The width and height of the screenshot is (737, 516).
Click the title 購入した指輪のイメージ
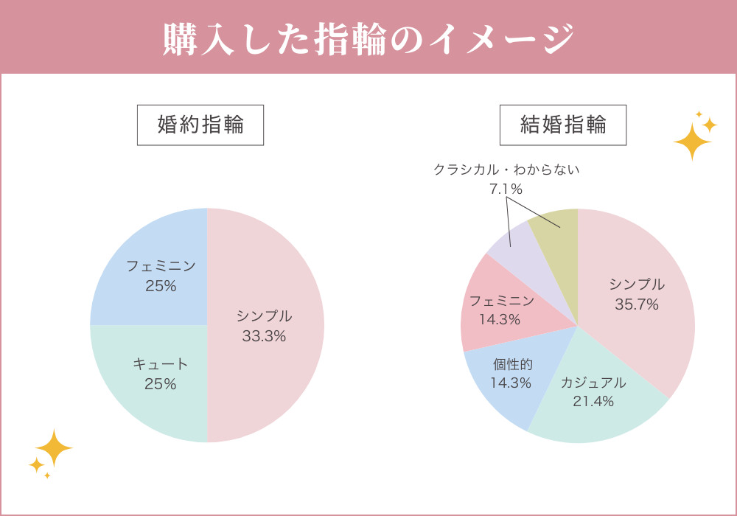(x=368, y=38)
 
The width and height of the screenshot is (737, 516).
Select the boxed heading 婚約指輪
(x=200, y=125)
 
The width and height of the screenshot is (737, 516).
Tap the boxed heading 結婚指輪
(x=563, y=125)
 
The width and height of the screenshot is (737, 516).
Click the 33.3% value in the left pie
(x=264, y=337)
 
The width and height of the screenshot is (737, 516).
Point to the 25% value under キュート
(x=161, y=384)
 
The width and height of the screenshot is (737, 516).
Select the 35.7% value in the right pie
(x=637, y=304)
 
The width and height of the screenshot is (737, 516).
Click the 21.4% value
(x=593, y=402)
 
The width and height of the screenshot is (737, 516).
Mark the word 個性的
(x=513, y=364)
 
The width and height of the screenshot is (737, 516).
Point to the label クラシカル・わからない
(x=506, y=170)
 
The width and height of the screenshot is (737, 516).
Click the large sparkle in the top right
(x=692, y=141)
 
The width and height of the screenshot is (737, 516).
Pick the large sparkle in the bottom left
(x=54, y=447)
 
